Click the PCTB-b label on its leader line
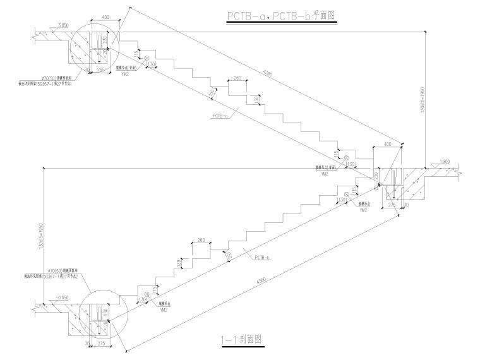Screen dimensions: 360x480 (x=263, y=258)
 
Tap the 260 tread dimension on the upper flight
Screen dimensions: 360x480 (x=237, y=78)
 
